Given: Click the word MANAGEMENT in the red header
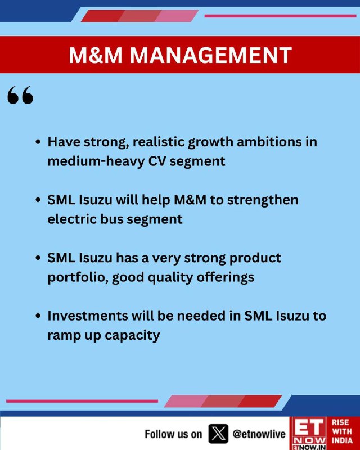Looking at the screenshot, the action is pyautogui.click(x=211, y=55).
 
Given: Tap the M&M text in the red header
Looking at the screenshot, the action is pyautogui.click(x=96, y=55).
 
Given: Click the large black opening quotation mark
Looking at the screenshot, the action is pyautogui.click(x=20, y=94).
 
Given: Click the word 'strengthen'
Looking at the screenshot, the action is pyautogui.click(x=263, y=200).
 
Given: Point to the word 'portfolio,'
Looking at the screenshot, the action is pyautogui.click(x=78, y=278).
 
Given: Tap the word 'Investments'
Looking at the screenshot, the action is pyautogui.click(x=88, y=316).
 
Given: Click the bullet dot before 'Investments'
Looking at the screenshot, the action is pyautogui.click(x=38, y=316).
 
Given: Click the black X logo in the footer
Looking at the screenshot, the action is pyautogui.click(x=218, y=434).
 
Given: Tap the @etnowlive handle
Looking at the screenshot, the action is pyautogui.click(x=259, y=434).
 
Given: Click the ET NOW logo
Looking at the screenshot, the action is pyautogui.click(x=309, y=433).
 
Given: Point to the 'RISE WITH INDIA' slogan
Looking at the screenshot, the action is pyautogui.click(x=342, y=431).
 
